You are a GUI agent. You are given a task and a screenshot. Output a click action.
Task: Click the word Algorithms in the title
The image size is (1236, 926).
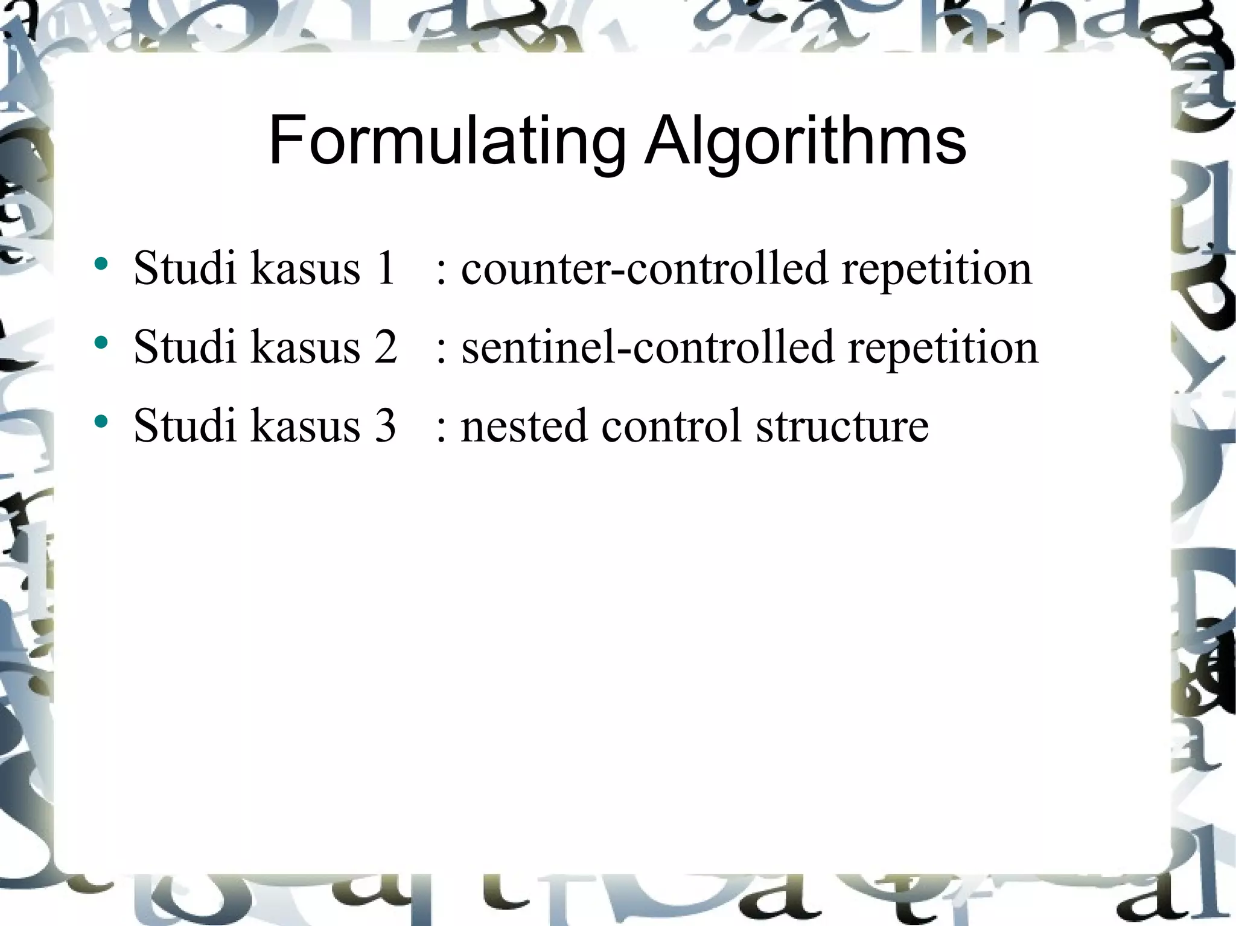coord(805,141)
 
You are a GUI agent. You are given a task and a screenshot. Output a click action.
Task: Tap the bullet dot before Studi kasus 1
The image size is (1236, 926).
coord(101,264)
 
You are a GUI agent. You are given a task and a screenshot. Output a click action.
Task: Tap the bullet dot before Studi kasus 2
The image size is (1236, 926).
coord(101,343)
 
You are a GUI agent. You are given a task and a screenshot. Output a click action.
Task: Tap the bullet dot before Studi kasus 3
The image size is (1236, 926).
coord(101,421)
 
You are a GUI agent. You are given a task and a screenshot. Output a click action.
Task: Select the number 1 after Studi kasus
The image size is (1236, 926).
coord(384,268)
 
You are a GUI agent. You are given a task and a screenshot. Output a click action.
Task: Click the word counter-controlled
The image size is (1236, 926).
coord(644,268)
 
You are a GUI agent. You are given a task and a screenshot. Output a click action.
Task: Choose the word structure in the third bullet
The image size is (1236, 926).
coord(842,426)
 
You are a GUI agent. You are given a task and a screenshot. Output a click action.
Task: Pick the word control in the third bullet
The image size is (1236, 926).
coord(671,426)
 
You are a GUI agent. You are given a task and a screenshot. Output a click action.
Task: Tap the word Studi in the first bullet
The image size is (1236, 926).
coord(185,268)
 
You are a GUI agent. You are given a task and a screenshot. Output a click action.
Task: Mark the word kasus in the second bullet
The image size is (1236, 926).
coord(305,347)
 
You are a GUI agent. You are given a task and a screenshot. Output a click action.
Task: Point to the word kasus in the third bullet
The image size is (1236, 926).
coord(305,426)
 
